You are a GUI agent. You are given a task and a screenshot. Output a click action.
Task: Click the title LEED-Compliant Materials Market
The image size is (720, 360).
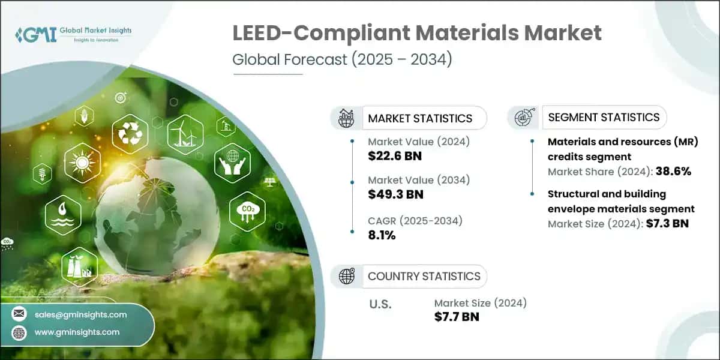click(x=417, y=34)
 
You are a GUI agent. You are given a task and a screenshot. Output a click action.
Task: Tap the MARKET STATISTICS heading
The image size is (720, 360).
click(x=420, y=118)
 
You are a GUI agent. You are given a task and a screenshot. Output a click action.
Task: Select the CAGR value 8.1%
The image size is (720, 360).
click(x=382, y=235)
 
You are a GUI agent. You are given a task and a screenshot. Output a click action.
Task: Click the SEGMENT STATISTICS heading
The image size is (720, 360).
click(x=604, y=117)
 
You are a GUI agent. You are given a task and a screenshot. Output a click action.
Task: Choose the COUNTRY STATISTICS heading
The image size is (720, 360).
click(x=424, y=276)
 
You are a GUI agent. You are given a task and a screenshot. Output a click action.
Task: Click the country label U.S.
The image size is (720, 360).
click(x=380, y=304)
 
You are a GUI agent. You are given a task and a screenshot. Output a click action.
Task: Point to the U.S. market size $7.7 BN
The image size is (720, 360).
click(x=457, y=317)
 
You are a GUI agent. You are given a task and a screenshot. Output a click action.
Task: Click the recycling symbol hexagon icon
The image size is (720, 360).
click(x=130, y=133)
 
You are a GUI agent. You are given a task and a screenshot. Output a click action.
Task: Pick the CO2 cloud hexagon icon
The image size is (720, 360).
click(x=247, y=211)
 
